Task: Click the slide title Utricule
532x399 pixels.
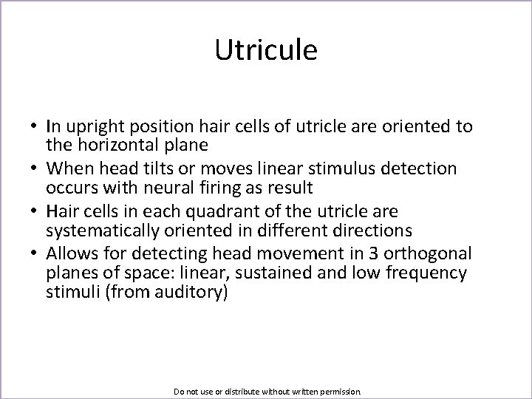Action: (x=266, y=50)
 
